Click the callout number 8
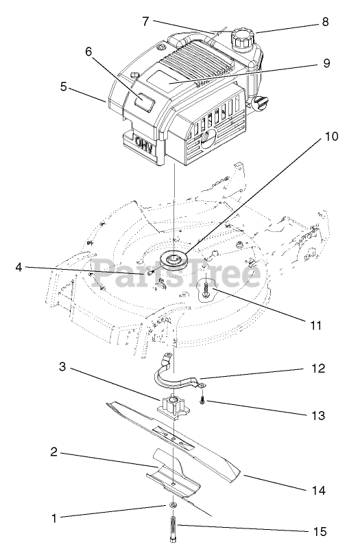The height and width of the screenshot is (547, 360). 325,22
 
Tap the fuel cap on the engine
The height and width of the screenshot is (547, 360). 243,38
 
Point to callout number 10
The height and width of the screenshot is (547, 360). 331,136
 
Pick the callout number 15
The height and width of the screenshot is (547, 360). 320,532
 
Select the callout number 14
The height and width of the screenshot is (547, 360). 319,490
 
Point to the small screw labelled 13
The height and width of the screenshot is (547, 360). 202,401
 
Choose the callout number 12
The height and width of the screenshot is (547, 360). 317,369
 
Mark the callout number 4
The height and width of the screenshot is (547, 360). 19,268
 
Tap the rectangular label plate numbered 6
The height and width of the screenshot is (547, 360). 144,102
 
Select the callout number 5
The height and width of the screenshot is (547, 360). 63,86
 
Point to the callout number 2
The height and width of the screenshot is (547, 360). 53,452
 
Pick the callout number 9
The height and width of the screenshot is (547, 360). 326,63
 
